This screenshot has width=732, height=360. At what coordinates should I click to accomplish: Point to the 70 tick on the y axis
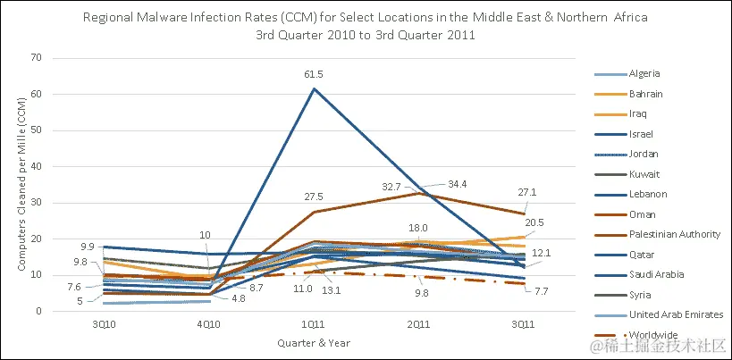[x=37, y=58]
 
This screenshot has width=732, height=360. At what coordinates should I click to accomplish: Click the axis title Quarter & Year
[x=314, y=342]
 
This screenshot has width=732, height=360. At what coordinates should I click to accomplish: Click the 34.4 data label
[x=457, y=183]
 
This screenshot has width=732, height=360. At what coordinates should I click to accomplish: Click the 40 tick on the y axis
[x=37, y=167]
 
